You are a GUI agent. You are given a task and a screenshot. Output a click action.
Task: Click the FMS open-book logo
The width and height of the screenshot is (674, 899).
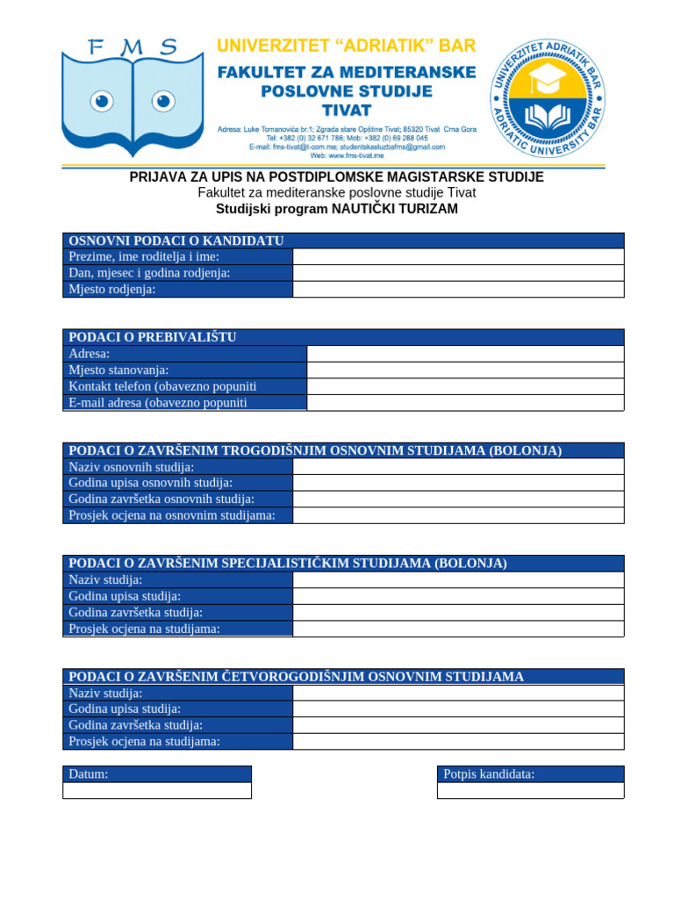pyautogui.click(x=133, y=97)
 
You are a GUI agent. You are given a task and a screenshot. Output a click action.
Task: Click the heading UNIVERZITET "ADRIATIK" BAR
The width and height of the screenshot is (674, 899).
pyautogui.click(x=346, y=46)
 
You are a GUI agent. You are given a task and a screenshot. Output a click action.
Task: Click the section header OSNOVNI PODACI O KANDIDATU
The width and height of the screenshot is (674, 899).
pyautogui.click(x=176, y=241)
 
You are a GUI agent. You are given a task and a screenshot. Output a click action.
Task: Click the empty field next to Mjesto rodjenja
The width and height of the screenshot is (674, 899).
pyautogui.click(x=458, y=290)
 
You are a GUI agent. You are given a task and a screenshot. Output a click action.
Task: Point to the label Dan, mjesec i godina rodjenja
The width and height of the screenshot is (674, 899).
pyautogui.click(x=149, y=273)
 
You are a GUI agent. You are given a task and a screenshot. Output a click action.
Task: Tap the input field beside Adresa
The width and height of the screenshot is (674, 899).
pyautogui.click(x=465, y=354)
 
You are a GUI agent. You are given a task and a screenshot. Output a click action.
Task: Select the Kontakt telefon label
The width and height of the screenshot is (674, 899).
pyautogui.click(x=162, y=386)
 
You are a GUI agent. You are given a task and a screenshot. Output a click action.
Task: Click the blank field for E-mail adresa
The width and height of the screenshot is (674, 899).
pyautogui.click(x=465, y=403)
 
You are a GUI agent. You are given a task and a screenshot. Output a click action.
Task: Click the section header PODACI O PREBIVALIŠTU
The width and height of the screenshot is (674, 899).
pyautogui.click(x=153, y=337)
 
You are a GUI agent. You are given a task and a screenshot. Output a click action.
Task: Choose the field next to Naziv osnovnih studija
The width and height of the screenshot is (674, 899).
pyautogui.click(x=458, y=467)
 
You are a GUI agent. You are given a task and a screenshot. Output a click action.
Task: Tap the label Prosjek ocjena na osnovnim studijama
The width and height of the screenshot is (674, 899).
pyautogui.click(x=172, y=515)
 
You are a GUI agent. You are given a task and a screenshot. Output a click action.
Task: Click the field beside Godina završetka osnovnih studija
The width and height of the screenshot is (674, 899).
pyautogui.click(x=458, y=500)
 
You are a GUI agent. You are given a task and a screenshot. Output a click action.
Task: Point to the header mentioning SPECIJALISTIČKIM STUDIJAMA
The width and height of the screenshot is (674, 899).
pyautogui.click(x=288, y=564)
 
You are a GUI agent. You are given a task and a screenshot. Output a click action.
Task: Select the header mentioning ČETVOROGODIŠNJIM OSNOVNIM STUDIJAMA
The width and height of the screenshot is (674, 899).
pyautogui.click(x=296, y=677)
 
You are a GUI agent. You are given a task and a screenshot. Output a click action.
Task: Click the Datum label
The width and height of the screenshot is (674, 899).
pyautogui.click(x=89, y=774)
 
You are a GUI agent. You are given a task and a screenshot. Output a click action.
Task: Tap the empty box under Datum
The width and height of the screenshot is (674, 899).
pyautogui.click(x=157, y=790)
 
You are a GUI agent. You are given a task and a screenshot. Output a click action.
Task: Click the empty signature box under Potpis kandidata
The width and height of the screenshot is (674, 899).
pyautogui.click(x=530, y=790)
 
